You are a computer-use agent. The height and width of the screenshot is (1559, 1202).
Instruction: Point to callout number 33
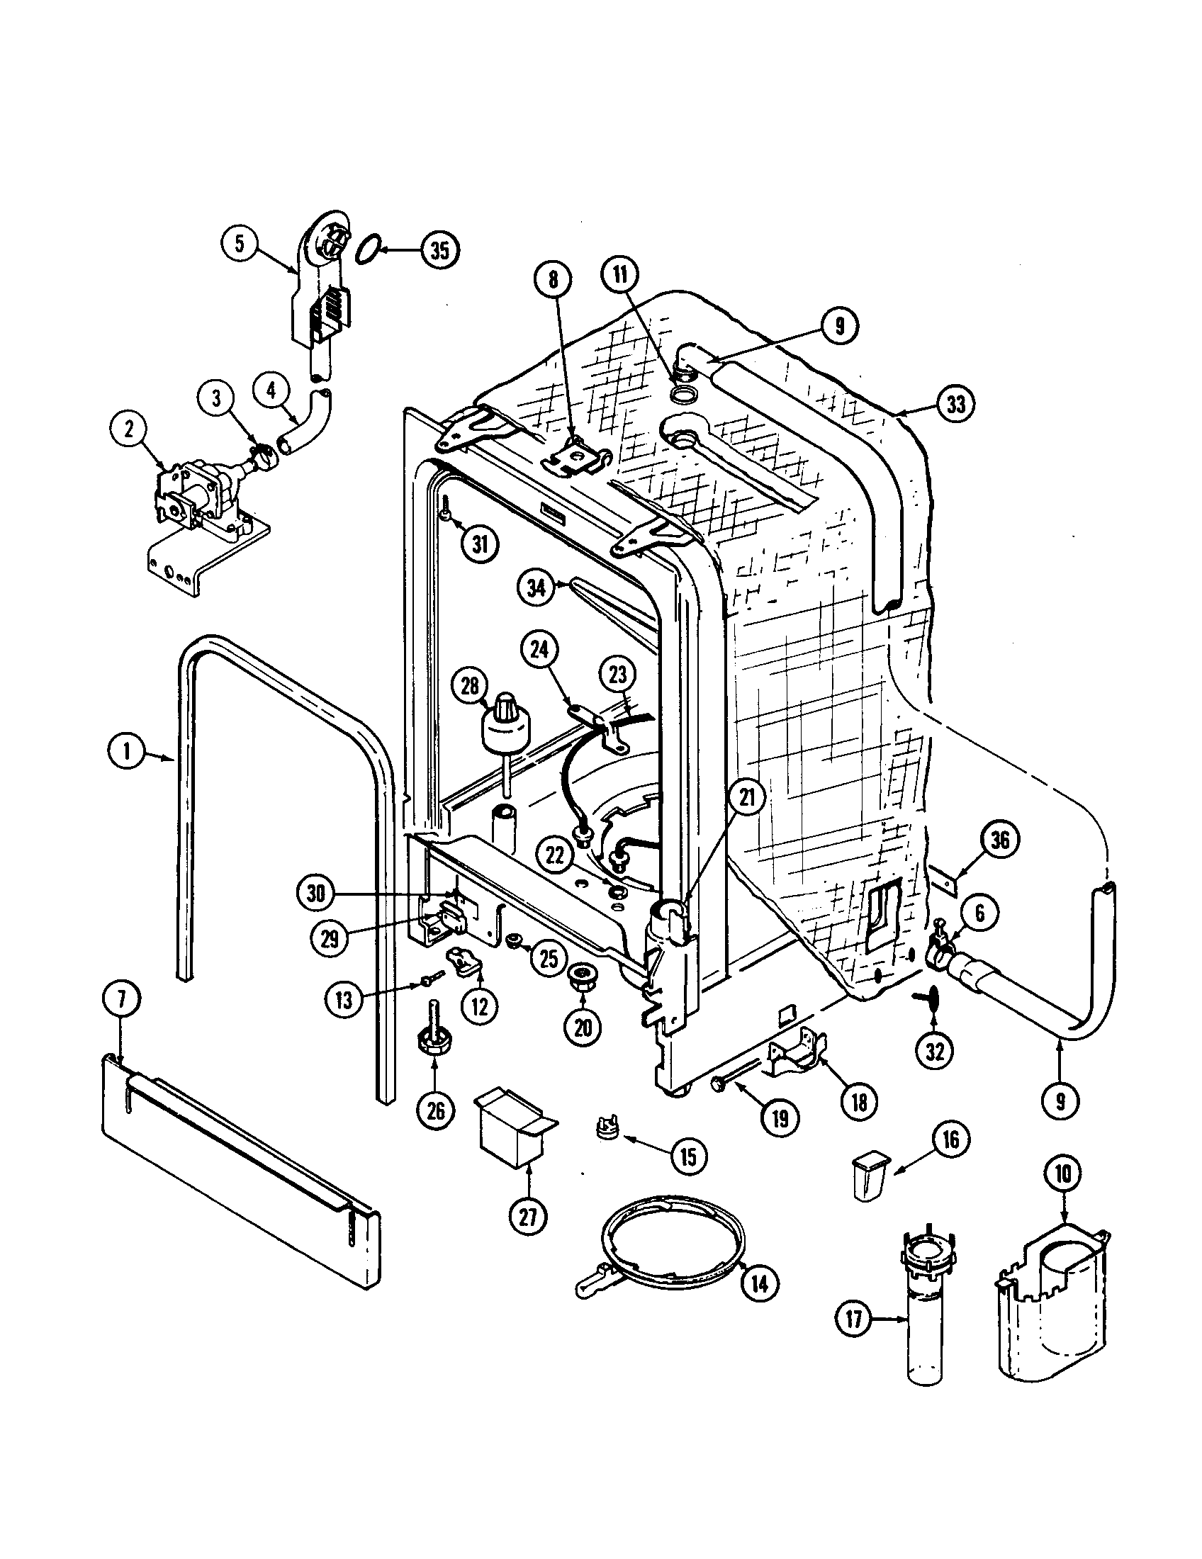pos(955,404)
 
